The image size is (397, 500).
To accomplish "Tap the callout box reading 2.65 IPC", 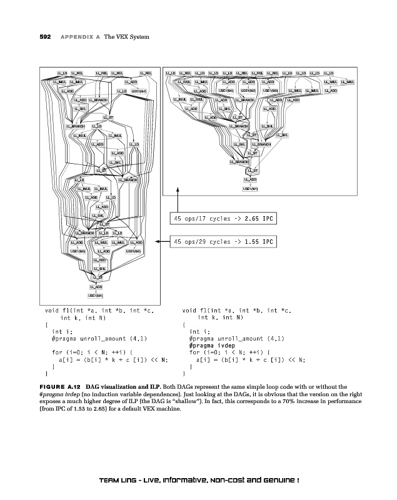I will coord(223,219).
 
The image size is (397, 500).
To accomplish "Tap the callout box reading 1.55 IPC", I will coord(223,241).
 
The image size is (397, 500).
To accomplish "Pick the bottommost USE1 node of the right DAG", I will coord(251,189).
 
